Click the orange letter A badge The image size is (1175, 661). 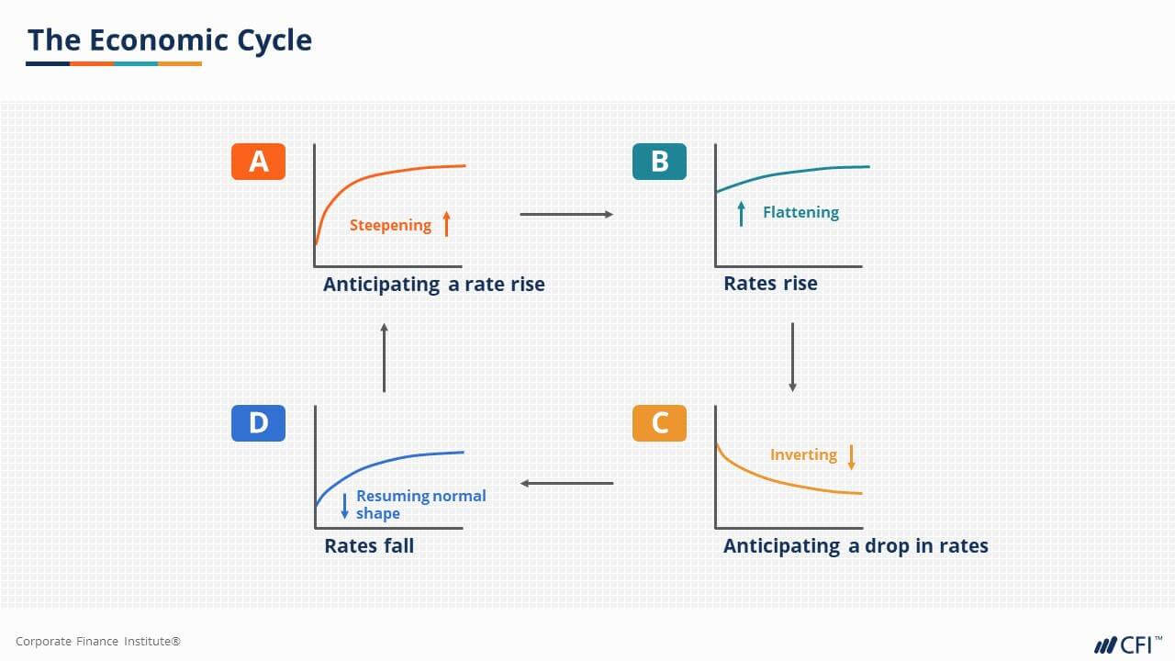pyautogui.click(x=258, y=162)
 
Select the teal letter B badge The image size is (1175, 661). pyautogui.click(x=659, y=162)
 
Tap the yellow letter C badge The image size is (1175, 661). pyautogui.click(x=659, y=423)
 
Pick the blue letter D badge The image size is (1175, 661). pyautogui.click(x=258, y=423)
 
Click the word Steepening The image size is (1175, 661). pyautogui.click(x=390, y=225)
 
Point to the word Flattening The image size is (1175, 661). pyautogui.click(x=800, y=212)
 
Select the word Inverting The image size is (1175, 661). pyautogui.click(x=803, y=454)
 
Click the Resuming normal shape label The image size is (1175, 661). pyautogui.click(x=420, y=504)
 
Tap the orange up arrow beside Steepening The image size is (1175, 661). pyautogui.click(x=447, y=223)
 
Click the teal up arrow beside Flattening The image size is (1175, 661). pyautogui.click(x=742, y=214)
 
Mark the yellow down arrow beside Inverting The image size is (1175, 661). pyautogui.click(x=852, y=456)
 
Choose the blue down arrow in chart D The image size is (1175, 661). pyautogui.click(x=345, y=506)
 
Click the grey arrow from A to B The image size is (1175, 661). pyautogui.click(x=566, y=215)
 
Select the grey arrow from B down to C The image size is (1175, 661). pyautogui.click(x=793, y=357)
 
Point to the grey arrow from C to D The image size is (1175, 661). pyautogui.click(x=566, y=483)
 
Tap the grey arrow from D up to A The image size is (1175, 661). pyautogui.click(x=384, y=357)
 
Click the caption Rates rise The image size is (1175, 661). pyautogui.click(x=770, y=283)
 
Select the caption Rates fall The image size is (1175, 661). pyautogui.click(x=369, y=545)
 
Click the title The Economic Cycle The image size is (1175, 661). pyautogui.click(x=170, y=40)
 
